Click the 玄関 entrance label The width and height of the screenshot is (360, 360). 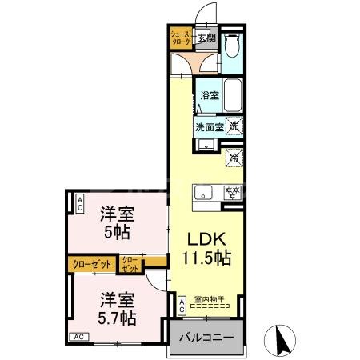[206, 36]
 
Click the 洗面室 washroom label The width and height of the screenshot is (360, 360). [209, 126]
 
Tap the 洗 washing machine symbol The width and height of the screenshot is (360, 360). [234, 125]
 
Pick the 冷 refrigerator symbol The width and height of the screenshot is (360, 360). [234, 158]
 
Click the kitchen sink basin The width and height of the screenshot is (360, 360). [202, 192]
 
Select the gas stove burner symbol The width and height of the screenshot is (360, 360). [233, 192]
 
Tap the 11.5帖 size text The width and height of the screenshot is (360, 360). [210, 258]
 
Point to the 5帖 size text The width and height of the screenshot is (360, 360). [116, 233]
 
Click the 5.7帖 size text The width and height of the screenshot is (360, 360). [117, 318]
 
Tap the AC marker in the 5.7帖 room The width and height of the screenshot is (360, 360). [80, 338]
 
